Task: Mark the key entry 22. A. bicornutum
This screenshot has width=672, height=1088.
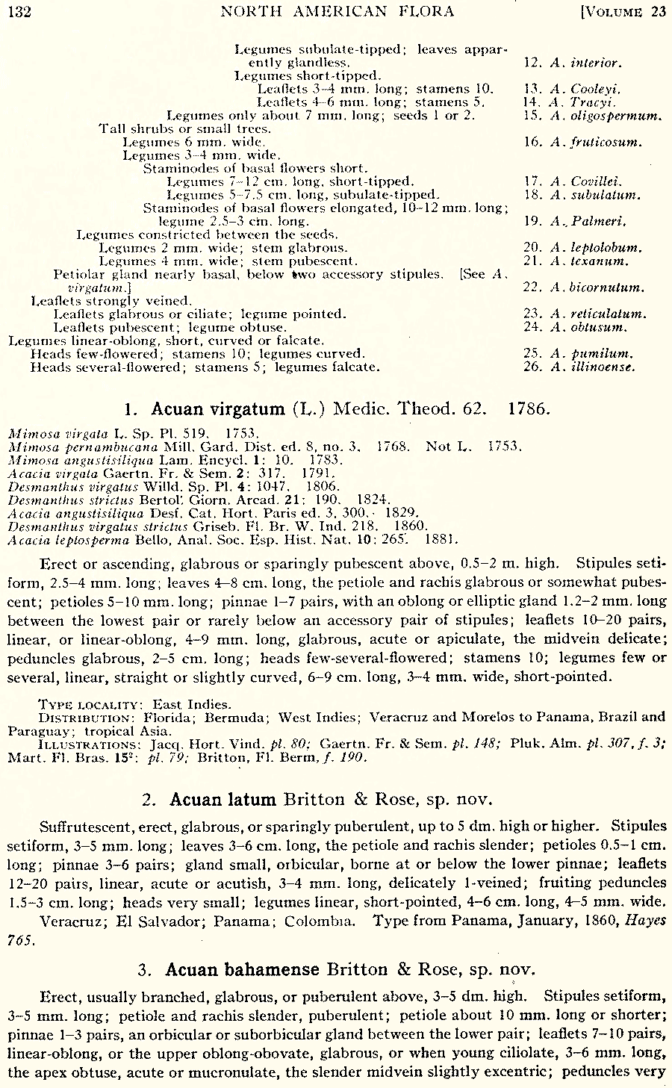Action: [x=584, y=287]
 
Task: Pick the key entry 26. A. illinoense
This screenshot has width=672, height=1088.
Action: [x=579, y=367]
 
